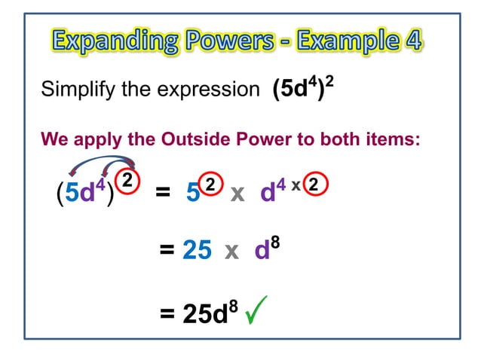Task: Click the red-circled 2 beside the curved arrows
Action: pyautogui.click(x=129, y=181)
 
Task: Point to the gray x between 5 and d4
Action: pyautogui.click(x=237, y=194)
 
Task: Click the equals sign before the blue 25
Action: pyautogui.click(x=167, y=251)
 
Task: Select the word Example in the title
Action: pyautogui.click(x=354, y=39)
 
